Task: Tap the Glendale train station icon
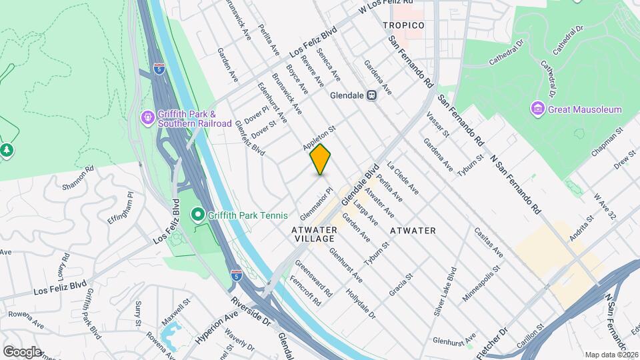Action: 371,95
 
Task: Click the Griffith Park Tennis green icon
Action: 197,215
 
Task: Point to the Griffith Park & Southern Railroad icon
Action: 147,119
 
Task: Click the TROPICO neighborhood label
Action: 403,25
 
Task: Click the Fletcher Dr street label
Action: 493,339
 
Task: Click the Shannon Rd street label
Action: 75,178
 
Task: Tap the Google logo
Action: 21,351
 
